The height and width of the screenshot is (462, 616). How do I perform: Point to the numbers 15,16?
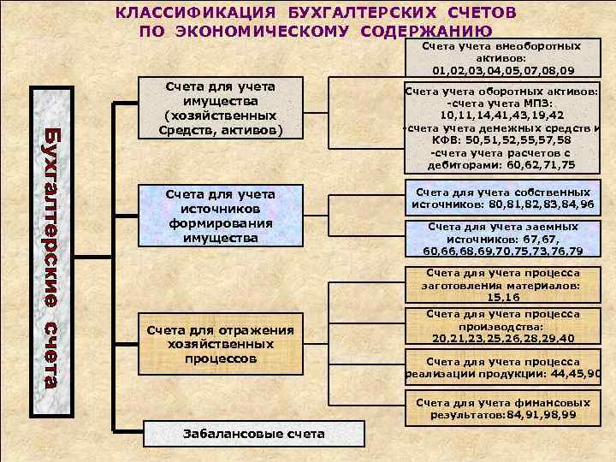pos(503,298)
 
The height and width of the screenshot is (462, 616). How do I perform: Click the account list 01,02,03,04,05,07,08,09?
pos(503,70)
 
